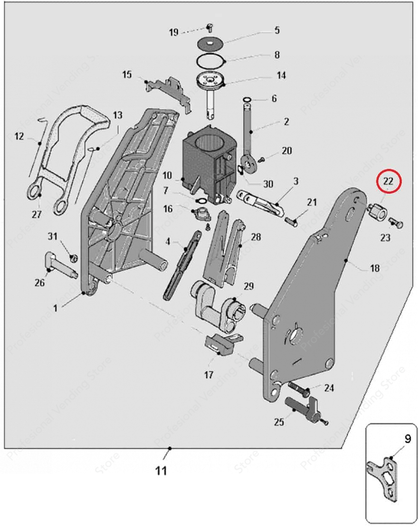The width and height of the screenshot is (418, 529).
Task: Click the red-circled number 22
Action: tap(388, 181)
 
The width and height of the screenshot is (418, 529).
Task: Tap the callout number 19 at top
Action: tap(174, 32)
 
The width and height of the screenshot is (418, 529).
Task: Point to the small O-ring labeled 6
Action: tap(247, 100)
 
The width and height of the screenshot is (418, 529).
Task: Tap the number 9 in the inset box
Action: tap(407, 438)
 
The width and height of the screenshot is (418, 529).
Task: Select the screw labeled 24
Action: tap(300, 388)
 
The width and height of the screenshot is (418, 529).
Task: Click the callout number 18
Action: tap(374, 268)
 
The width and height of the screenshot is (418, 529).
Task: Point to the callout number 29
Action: tap(248, 286)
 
